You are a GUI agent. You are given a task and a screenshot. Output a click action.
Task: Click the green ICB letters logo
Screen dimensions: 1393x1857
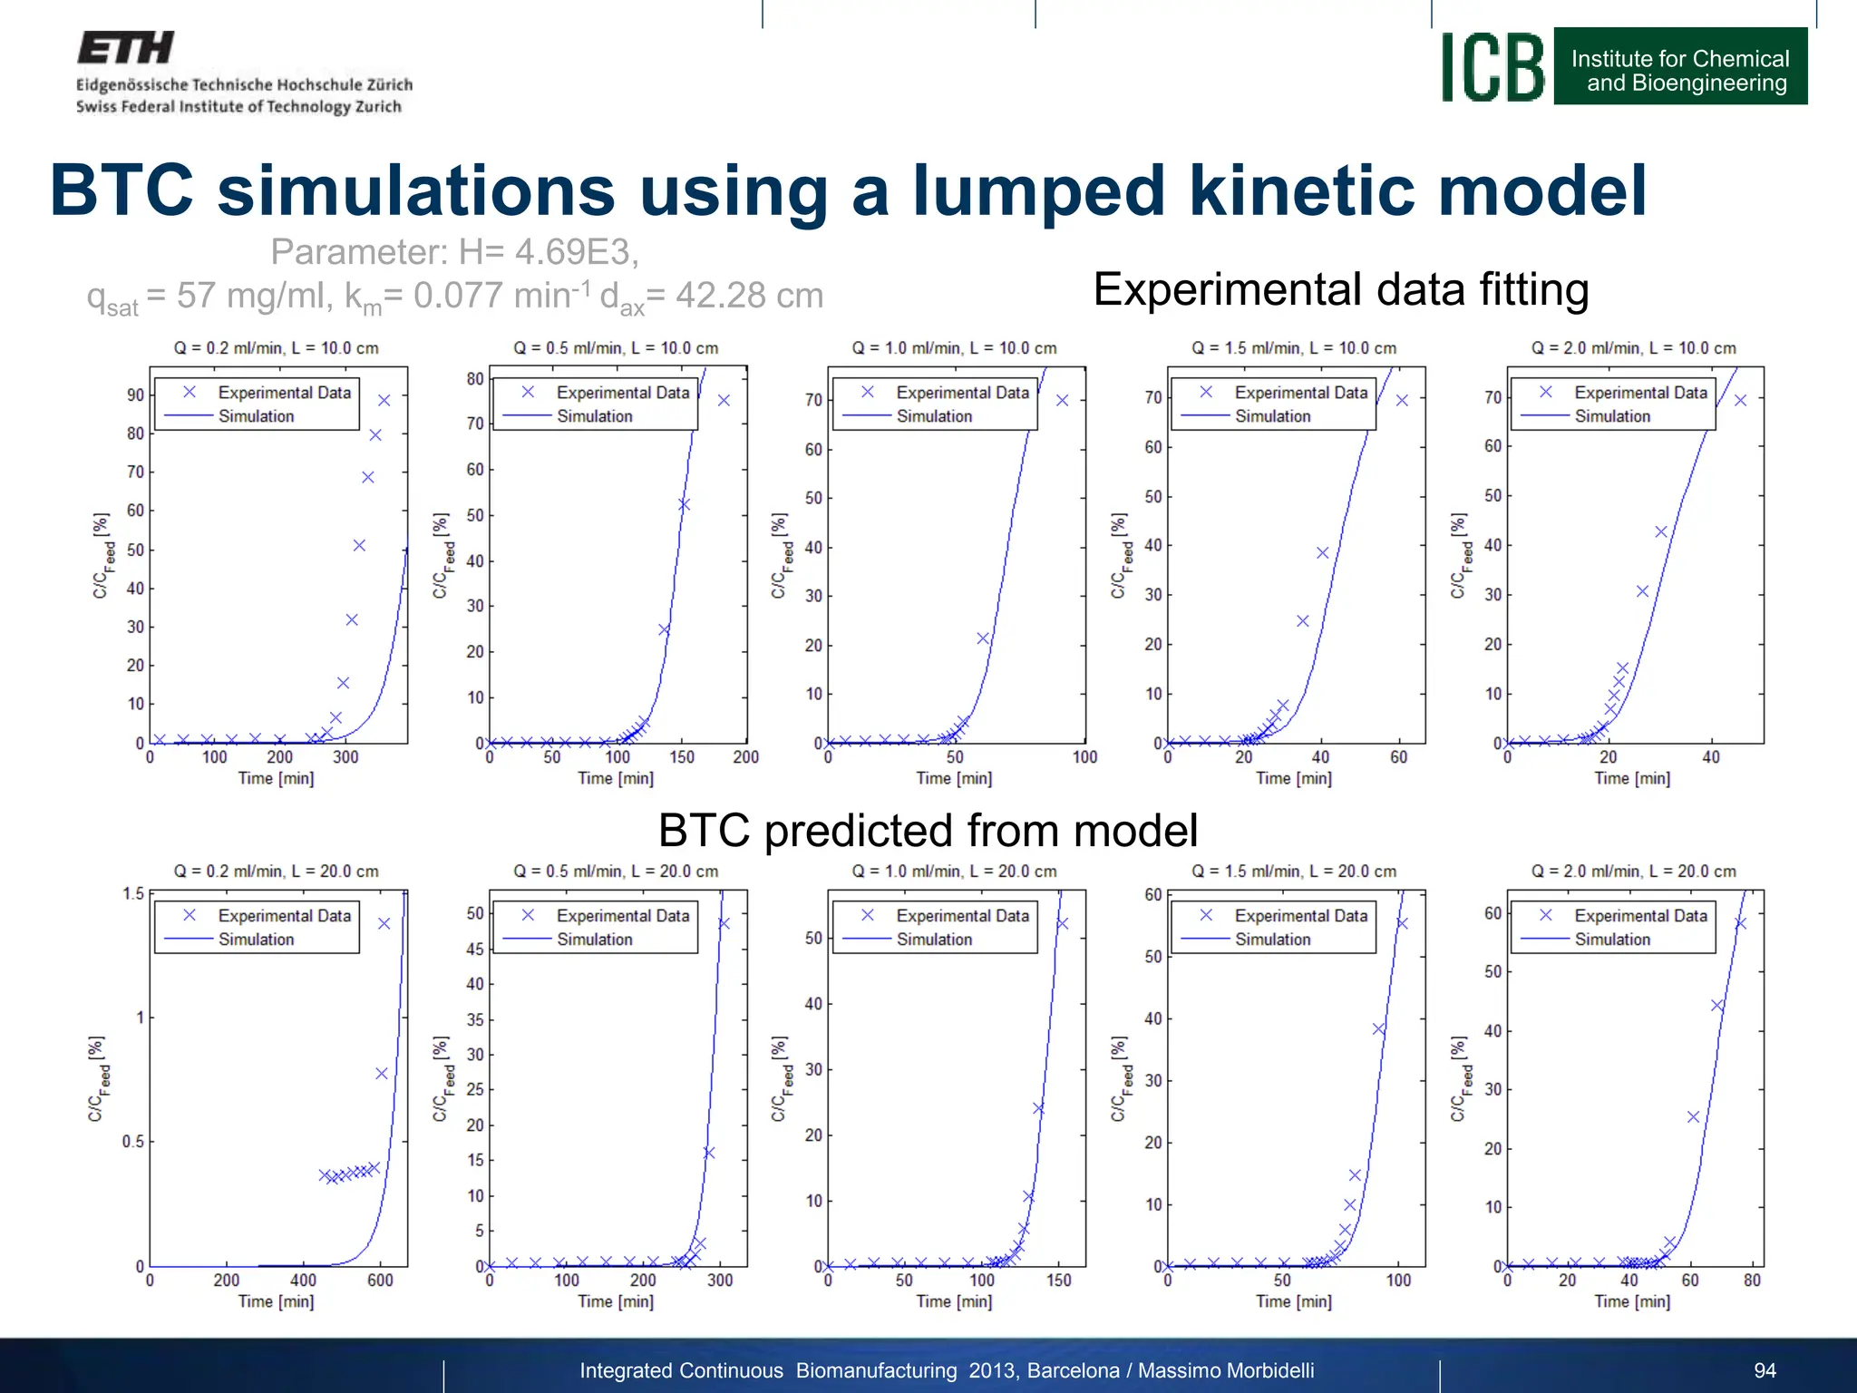pyautogui.click(x=1492, y=68)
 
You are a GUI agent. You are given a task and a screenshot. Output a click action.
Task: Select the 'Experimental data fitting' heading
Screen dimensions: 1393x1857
pyautogui.click(x=1340, y=290)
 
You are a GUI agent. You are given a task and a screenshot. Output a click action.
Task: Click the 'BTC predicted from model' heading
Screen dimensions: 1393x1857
pyautogui.click(x=928, y=831)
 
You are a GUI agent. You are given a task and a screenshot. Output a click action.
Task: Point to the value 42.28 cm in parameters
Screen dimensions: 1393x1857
pyautogui.click(x=749, y=296)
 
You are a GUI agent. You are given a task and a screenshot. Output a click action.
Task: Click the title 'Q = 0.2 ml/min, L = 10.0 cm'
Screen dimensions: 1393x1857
pyautogui.click(x=276, y=348)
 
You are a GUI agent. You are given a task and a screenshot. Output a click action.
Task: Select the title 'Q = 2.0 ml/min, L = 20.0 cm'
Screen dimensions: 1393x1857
pyautogui.click(x=1633, y=872)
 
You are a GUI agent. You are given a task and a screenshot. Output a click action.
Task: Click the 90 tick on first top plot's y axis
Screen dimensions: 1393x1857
pyautogui.click(x=135, y=395)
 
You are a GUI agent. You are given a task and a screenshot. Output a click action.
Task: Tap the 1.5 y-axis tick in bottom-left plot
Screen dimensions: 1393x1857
pyautogui.click(x=133, y=894)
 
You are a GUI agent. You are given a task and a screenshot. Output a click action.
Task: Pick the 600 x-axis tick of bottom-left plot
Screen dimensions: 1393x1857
pyautogui.click(x=380, y=1281)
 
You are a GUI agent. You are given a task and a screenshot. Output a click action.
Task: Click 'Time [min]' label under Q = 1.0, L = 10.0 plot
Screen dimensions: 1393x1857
pyautogui.click(x=954, y=778)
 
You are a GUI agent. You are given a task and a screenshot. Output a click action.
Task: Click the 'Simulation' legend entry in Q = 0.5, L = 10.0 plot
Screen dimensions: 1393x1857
pyautogui.click(x=594, y=416)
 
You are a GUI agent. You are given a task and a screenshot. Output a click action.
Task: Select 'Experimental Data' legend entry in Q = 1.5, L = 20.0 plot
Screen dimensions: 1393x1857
pyautogui.click(x=1300, y=916)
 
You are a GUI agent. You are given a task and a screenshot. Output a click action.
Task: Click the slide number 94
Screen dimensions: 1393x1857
pyautogui.click(x=1765, y=1370)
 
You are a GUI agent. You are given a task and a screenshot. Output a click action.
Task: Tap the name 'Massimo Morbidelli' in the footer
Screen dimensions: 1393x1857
pyautogui.click(x=1225, y=1370)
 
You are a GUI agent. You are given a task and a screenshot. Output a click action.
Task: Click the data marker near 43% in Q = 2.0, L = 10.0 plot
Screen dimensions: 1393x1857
pyautogui.click(x=1661, y=532)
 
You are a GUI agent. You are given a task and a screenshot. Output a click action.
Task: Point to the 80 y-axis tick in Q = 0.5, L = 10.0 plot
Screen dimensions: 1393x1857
pyautogui.click(x=474, y=379)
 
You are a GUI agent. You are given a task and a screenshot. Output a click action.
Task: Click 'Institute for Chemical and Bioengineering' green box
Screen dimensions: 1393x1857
pyautogui.click(x=1679, y=71)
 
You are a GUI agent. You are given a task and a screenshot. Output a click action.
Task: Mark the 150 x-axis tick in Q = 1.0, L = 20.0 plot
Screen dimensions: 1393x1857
pyautogui.click(x=1058, y=1281)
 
